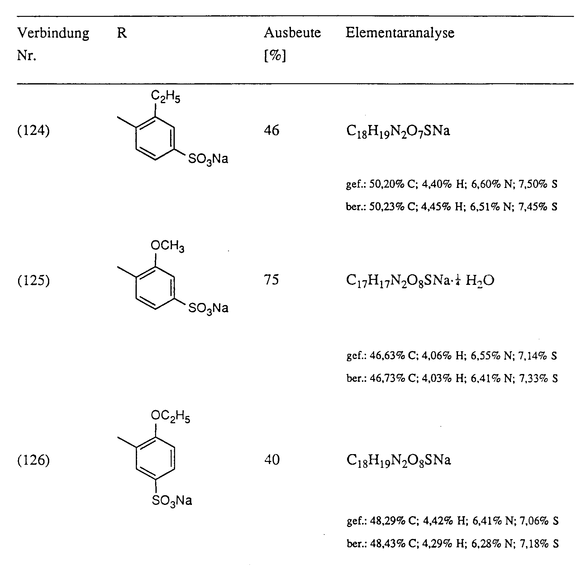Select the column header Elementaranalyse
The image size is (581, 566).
pyautogui.click(x=400, y=33)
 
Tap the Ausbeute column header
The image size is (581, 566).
pyautogui.click(x=292, y=33)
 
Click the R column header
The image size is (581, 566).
pyautogui.click(x=122, y=33)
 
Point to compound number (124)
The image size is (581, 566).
pyautogui.click(x=33, y=131)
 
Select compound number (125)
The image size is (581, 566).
pyautogui.click(x=33, y=281)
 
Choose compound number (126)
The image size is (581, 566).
pyautogui.click(x=33, y=460)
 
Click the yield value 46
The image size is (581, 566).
pyautogui.click(x=272, y=130)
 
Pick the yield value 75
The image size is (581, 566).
pyautogui.click(x=272, y=280)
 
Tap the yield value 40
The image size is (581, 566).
pyautogui.click(x=272, y=459)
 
